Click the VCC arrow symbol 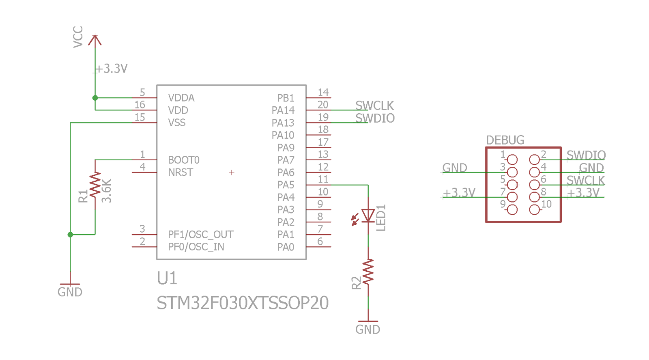[x=95, y=40]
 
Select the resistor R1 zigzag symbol [x=95, y=185]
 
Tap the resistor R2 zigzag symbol [x=368, y=272]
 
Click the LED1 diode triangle [x=368, y=216]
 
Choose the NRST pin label [x=180, y=172]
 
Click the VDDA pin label [x=181, y=98]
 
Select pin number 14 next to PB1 [x=323, y=93]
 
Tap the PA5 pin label [x=286, y=185]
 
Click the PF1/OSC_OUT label [x=201, y=235]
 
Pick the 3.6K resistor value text [x=107, y=191]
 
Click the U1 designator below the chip [x=167, y=278]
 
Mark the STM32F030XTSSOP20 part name [x=243, y=303]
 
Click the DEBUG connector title [x=505, y=140]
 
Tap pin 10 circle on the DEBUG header [x=534, y=209]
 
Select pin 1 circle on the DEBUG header [x=512, y=160]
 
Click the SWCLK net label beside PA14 [x=375, y=106]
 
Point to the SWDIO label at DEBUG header [x=586, y=155]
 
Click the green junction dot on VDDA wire [x=95, y=98]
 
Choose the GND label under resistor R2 [x=367, y=330]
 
